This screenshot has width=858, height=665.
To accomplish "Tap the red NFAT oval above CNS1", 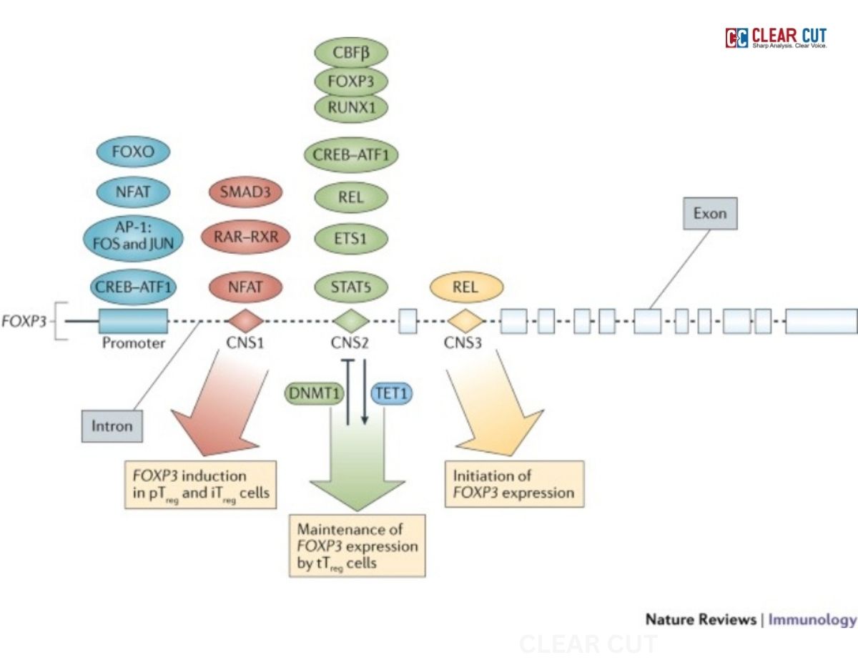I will [245, 288].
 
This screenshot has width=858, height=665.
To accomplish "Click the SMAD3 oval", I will [245, 192].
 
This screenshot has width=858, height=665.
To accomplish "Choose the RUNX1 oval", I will [350, 107].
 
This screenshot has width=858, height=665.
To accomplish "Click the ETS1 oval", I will [350, 239].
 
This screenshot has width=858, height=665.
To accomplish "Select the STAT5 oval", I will [350, 288].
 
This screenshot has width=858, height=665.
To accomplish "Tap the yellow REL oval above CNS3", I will [466, 288].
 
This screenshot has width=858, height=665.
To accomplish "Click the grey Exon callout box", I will [709, 213].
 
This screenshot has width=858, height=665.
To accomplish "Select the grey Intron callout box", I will [112, 426].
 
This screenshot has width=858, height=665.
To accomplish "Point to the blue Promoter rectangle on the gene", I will [133, 321].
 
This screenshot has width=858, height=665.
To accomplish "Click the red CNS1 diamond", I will [245, 320].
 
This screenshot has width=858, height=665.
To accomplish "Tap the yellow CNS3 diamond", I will [466, 320].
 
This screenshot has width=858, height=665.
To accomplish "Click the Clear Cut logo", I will [776, 38].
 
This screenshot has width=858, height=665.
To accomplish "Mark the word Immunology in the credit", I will [812, 619].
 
